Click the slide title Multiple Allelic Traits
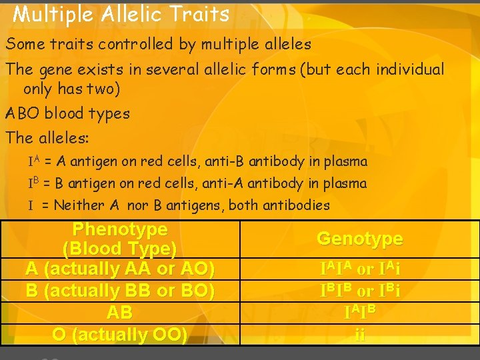(x=121, y=14)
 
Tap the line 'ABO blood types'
(x=67, y=113)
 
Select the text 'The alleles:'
(x=47, y=138)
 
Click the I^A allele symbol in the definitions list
(x=34, y=161)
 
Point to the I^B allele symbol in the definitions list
(x=34, y=183)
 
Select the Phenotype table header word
(x=120, y=229)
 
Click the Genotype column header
(x=359, y=238)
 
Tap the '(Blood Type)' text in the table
(x=120, y=249)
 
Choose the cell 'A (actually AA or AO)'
(x=120, y=269)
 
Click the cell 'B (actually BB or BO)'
(x=120, y=291)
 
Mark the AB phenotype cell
(x=120, y=313)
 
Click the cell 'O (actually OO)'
(x=120, y=334)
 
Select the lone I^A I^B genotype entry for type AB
(x=360, y=311)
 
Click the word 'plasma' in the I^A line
(x=344, y=161)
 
